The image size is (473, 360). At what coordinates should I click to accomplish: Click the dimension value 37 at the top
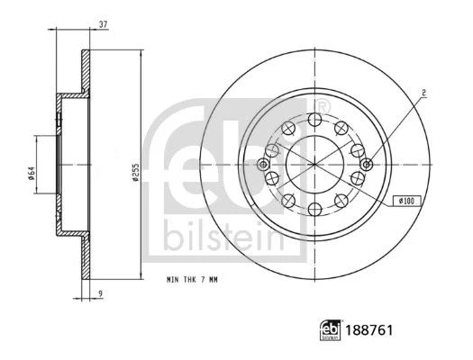(x=104, y=24)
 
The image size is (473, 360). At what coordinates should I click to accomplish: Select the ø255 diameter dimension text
(x=136, y=172)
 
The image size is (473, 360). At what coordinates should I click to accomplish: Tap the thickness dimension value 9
(x=101, y=292)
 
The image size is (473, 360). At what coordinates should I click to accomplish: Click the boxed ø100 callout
(x=407, y=201)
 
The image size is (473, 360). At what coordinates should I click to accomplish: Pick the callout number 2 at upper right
(x=423, y=93)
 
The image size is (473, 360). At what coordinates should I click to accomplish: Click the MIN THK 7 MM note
(x=192, y=280)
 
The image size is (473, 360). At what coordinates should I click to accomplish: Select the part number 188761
(x=369, y=330)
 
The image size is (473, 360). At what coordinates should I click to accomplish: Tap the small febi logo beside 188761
(x=331, y=330)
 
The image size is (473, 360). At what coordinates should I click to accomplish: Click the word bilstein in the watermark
(x=224, y=238)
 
